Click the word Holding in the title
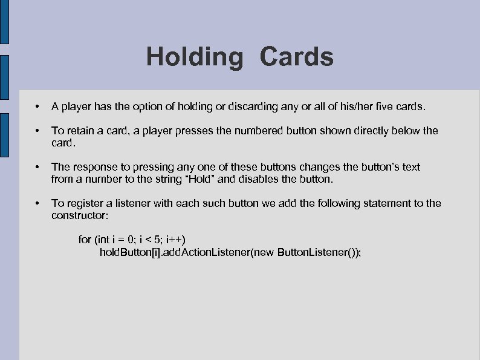tap(193, 57)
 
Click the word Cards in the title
tap(297, 57)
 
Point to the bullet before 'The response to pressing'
tap(37, 167)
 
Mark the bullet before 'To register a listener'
tap(37, 203)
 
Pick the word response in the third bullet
tap(94, 167)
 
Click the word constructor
tap(79, 215)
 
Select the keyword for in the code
tap(85, 240)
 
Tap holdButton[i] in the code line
tap(125, 252)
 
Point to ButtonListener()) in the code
tap(318, 252)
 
